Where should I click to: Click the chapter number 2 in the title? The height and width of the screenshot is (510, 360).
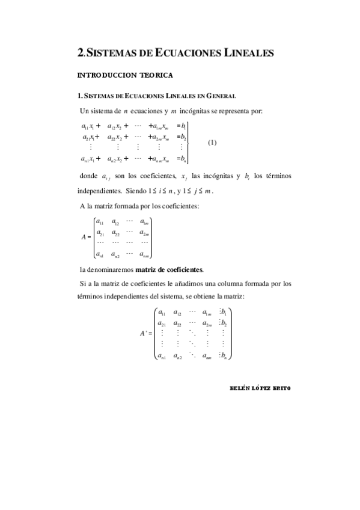tap(81, 53)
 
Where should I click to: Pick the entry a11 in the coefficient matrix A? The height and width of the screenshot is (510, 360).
tap(100, 223)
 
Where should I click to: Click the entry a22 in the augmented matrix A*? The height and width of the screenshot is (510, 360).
tap(178, 322)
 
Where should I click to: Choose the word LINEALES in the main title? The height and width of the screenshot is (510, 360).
tap(246, 53)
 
